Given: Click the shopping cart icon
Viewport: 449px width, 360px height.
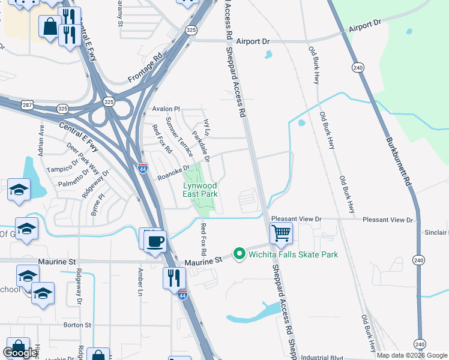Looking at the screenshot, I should coord(281,232).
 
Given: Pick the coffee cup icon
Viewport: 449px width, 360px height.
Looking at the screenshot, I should coord(155,241).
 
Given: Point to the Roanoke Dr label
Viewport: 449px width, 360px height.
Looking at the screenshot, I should coord(173,173).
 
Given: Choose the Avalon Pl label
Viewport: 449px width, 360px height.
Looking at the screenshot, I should coord(166,109).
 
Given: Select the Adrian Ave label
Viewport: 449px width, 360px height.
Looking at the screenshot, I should coord(41,140).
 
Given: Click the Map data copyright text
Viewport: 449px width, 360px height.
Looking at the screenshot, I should coord(411,355).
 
